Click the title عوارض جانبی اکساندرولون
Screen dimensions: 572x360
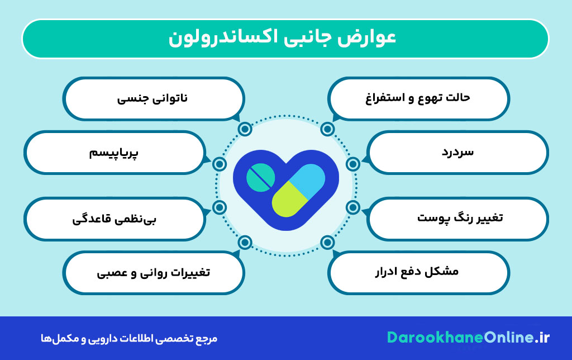(x=282, y=37)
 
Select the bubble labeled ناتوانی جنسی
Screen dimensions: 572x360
(x=154, y=98)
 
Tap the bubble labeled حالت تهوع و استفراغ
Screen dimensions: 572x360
(x=418, y=98)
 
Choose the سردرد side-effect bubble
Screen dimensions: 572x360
(x=457, y=152)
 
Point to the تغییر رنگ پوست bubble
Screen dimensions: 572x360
(x=457, y=219)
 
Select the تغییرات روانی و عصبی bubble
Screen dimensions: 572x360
(x=154, y=272)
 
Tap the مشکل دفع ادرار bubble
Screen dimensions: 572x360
(x=418, y=272)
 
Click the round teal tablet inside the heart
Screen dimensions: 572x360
(x=260, y=178)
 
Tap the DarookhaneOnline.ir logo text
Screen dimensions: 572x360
(x=468, y=338)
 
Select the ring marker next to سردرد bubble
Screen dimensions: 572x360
(x=353, y=164)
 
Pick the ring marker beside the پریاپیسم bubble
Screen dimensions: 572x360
(x=220, y=164)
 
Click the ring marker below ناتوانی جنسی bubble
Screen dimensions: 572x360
(x=245, y=129)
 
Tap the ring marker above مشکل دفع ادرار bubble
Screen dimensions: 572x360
(x=327, y=242)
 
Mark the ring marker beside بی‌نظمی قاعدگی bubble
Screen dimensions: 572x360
(x=220, y=207)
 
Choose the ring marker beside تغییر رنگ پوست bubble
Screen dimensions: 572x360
(x=353, y=207)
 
